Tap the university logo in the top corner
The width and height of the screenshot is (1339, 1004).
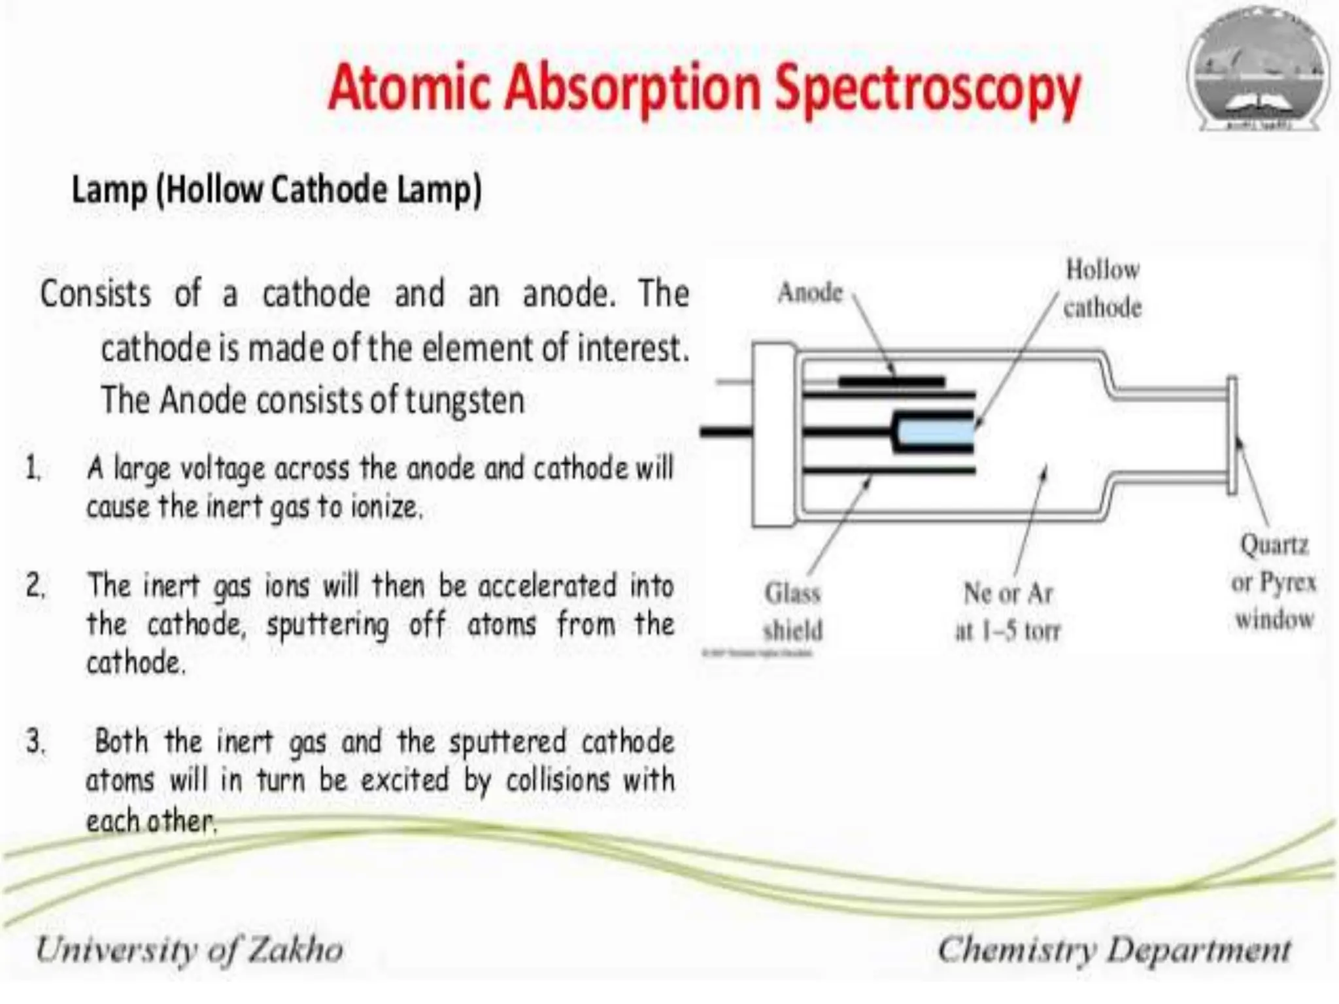1258,69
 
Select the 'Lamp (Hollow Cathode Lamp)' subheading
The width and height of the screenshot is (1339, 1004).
276,191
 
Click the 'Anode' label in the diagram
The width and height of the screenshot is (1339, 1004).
810,293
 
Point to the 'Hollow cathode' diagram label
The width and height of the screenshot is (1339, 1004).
1102,288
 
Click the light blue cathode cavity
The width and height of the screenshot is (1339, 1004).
935,432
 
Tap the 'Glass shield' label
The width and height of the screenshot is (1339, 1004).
793,612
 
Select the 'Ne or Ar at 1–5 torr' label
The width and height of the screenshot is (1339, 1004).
1008,612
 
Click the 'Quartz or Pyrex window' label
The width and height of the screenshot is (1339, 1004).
1274,581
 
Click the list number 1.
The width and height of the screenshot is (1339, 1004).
33,468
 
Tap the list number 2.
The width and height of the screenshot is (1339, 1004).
35,585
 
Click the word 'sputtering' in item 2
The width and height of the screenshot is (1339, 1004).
328,625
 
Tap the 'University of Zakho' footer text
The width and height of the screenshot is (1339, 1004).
190,949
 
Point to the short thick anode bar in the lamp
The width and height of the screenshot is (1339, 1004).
892,380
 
